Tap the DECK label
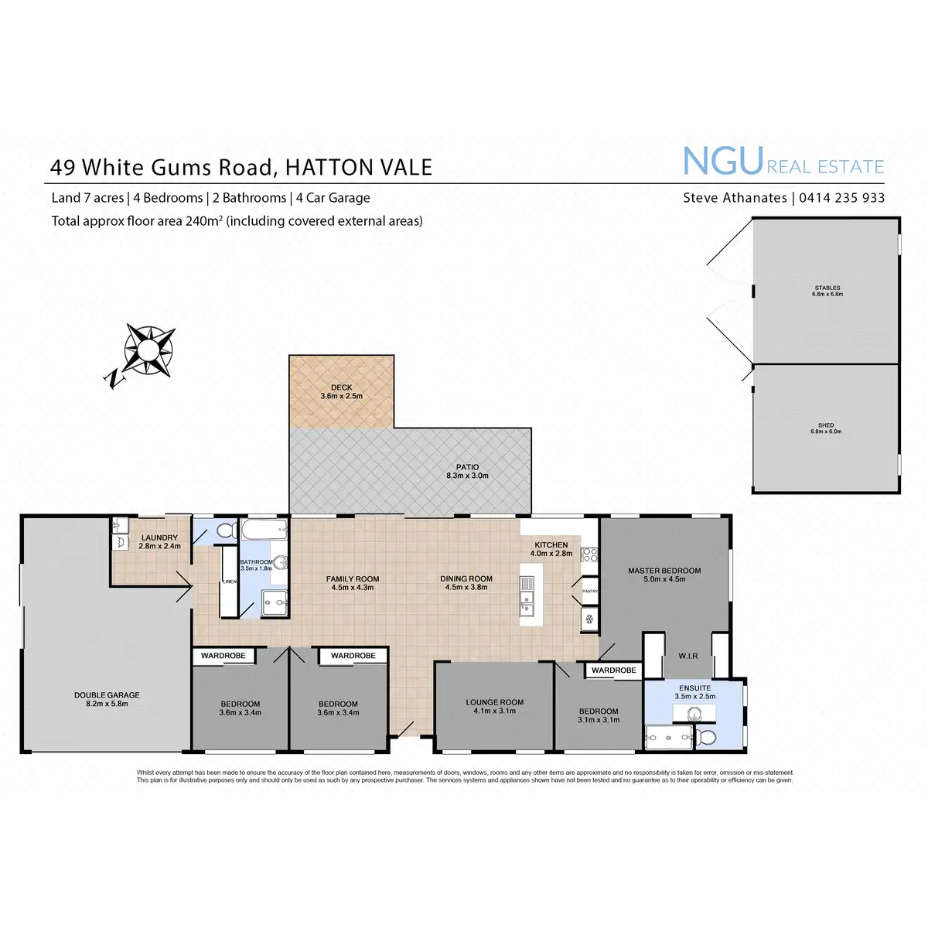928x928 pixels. click(x=341, y=388)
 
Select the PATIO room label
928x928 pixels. click(x=467, y=467)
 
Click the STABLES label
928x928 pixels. click(x=827, y=288)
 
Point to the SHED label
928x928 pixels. click(x=826, y=425)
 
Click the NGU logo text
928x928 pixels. click(x=723, y=162)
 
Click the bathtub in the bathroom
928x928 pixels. click(x=264, y=531)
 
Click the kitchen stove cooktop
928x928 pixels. click(x=589, y=554)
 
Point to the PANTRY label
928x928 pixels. click(x=589, y=591)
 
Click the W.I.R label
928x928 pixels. click(x=688, y=656)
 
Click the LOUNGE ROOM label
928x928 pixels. click(x=495, y=702)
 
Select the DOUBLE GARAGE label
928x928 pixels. click(x=107, y=695)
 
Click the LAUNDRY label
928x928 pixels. click(x=159, y=537)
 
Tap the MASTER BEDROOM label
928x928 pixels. click(x=664, y=571)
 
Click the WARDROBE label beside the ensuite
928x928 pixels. click(x=614, y=670)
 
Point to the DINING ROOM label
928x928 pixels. click(x=466, y=578)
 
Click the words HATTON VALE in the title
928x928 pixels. click(x=359, y=167)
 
